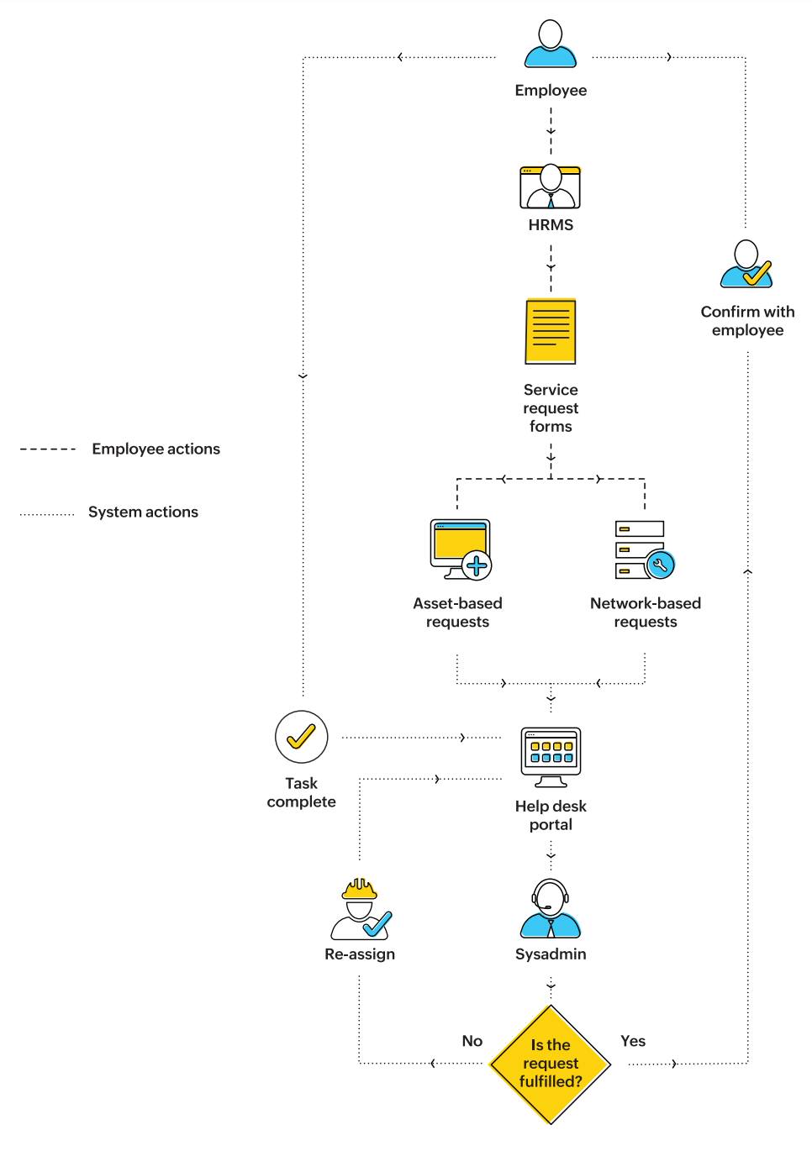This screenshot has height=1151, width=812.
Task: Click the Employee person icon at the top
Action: coord(551,44)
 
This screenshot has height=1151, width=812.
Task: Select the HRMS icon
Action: coord(551,187)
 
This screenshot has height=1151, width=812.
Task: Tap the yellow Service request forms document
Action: coord(551,331)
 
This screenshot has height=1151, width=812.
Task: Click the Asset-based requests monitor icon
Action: coord(460,549)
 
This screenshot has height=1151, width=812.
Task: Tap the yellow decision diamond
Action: coord(551,1064)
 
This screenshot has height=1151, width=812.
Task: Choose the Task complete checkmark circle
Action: coord(301,737)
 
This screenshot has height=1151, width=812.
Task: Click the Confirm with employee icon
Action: coord(746,264)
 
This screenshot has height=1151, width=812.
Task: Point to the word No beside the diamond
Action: coord(472,1041)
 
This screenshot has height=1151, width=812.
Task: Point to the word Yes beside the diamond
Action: coord(633,1041)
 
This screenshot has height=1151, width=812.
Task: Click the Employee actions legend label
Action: coord(156,449)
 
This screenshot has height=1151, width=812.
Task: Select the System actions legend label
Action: coord(143,512)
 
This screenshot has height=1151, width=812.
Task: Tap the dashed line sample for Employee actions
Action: coord(48,449)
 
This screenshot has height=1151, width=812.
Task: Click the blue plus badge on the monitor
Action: coord(477,565)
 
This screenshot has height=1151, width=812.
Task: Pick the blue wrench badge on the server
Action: coord(660,565)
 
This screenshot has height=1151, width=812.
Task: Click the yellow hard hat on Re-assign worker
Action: coord(360,888)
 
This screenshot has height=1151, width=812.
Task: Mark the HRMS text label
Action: coord(551,225)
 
